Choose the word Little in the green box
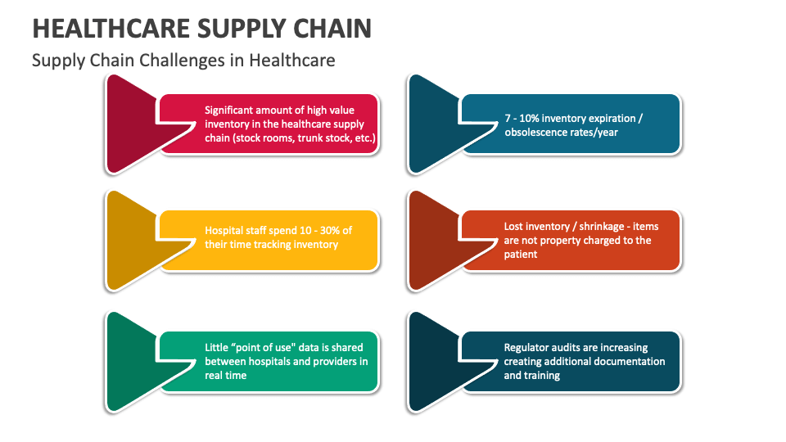tap(217, 347)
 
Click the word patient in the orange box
tap(521, 255)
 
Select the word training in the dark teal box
tap(542, 376)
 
